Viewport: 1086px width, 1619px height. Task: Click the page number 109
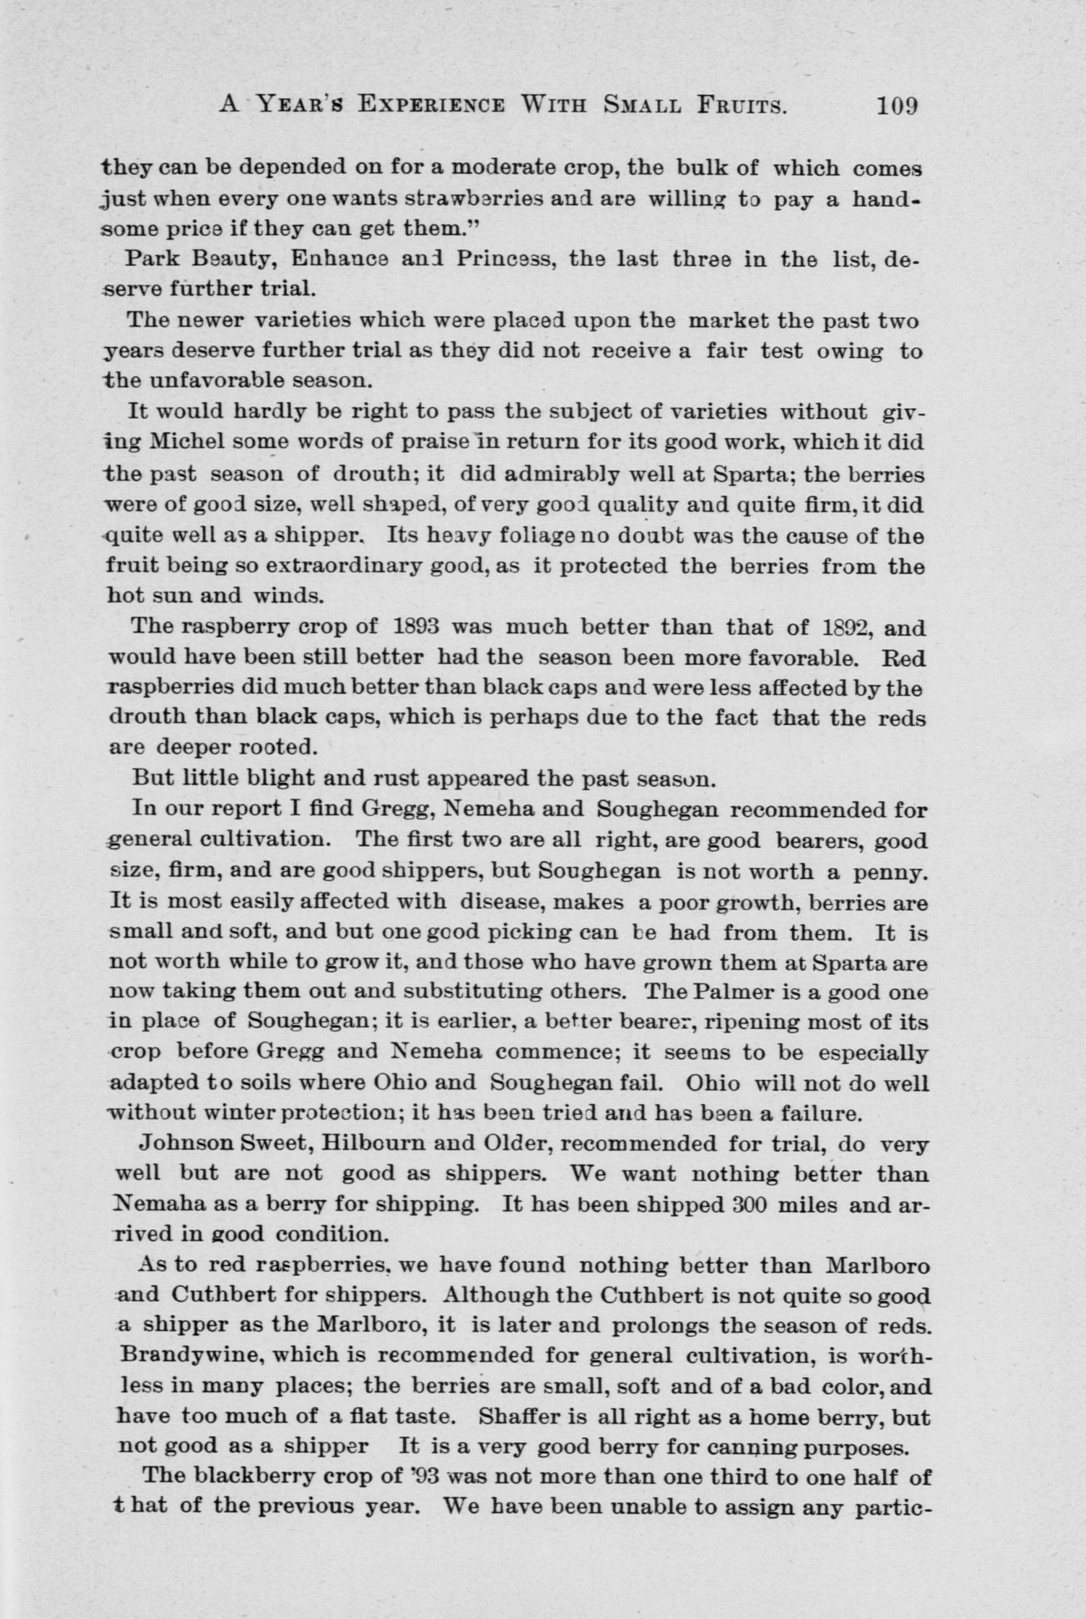tap(897, 106)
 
